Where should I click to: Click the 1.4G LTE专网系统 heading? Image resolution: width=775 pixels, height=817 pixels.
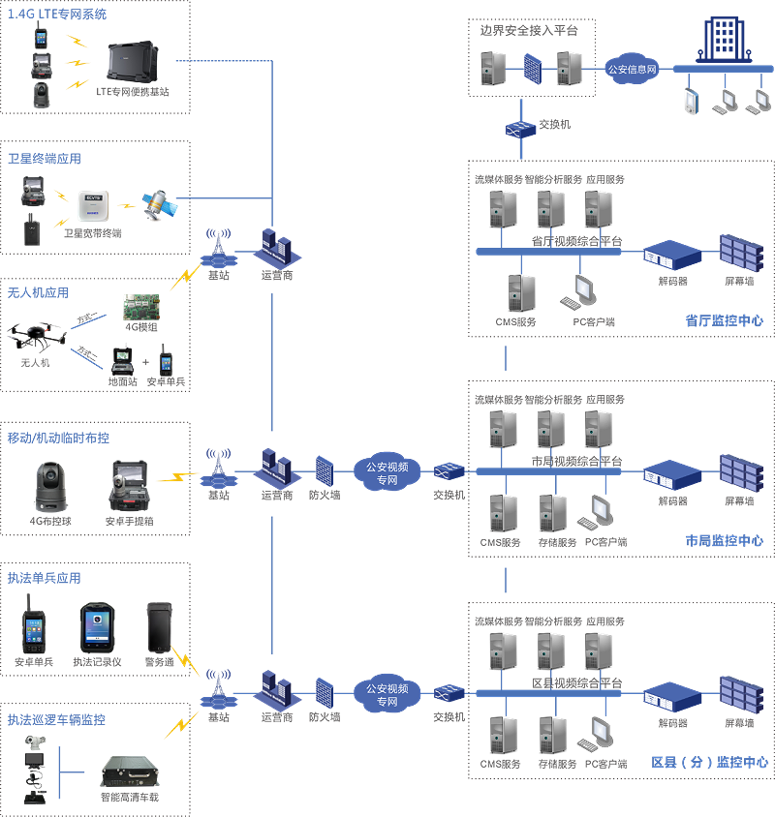tap(57, 15)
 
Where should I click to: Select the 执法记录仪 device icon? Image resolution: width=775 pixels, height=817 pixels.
tap(97, 626)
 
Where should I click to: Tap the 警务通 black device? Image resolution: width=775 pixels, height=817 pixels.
tap(159, 626)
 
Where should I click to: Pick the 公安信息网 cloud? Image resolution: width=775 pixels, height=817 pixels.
tap(632, 69)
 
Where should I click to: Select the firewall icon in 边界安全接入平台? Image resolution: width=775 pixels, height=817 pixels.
tap(531, 68)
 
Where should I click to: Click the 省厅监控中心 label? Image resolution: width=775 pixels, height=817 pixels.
tap(724, 320)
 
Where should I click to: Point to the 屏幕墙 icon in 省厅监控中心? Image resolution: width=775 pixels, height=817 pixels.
tap(738, 253)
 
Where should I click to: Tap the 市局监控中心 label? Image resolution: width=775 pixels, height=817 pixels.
tap(724, 541)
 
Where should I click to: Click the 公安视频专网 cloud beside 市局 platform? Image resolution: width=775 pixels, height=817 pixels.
tap(387, 473)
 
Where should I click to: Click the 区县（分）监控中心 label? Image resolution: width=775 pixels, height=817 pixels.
tap(709, 763)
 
